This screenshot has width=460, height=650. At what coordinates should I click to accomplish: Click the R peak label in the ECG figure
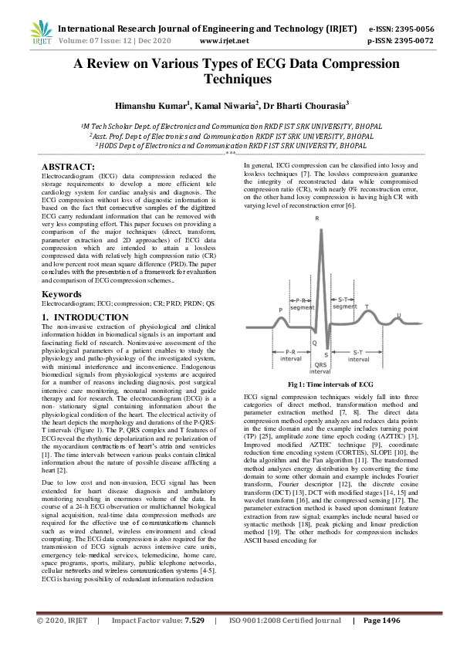pyautogui.click(x=317, y=219)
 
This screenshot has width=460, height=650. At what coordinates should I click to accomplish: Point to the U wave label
pyautogui.click(x=398, y=314)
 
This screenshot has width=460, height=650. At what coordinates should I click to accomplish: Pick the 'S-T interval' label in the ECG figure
pyautogui.click(x=358, y=354)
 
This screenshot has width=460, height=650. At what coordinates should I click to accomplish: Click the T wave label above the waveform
pyautogui.click(x=366, y=306)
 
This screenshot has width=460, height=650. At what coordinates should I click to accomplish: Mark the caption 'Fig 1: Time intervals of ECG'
pyautogui.click(x=330, y=384)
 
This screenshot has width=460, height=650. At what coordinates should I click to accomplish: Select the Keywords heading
pyautogui.click(x=62, y=294)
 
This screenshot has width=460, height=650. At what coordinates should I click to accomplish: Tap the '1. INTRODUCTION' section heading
pyautogui.click(x=85, y=317)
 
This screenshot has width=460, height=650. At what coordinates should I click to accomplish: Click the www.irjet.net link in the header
pyautogui.click(x=224, y=40)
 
